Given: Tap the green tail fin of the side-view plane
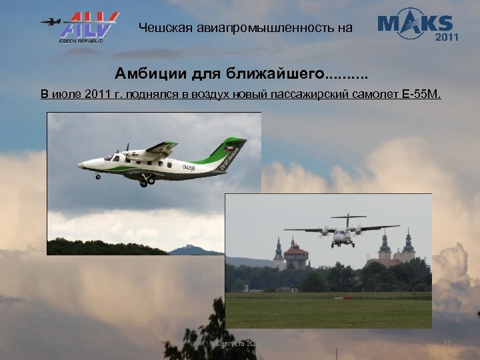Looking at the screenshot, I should [x=230, y=151].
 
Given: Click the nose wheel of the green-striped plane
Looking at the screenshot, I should [x=99, y=177].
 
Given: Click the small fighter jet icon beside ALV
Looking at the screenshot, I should [x=51, y=21].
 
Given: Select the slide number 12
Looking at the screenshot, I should [x=447, y=343].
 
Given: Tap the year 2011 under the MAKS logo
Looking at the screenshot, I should [x=447, y=37].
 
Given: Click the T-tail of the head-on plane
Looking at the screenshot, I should [x=348, y=217].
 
